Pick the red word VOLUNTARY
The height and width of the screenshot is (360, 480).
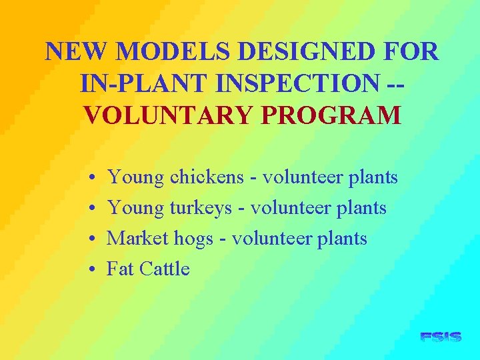[170, 115]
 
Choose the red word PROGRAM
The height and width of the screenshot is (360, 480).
[331, 115]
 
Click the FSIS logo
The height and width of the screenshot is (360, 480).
[441, 337]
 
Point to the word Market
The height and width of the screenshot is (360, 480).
[135, 239]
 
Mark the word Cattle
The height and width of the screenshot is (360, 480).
[163, 269]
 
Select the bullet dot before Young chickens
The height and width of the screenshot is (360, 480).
[90, 178]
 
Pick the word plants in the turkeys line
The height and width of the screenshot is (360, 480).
[361, 208]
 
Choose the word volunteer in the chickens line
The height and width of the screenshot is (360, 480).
[299, 177]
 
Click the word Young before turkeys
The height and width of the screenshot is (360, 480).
[135, 208]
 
